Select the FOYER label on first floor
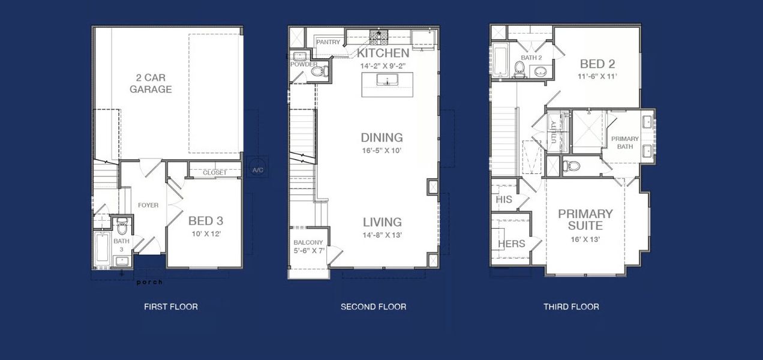pos(148,205)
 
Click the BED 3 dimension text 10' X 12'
pos(206,233)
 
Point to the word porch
pos(149,282)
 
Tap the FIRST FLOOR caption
pos(171,307)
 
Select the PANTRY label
pos(328,43)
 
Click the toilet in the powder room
pos(319,71)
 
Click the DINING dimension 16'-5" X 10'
pos(381,151)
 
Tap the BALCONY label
pos(308,242)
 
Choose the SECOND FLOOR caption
pos(373,307)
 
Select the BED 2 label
pos(597,64)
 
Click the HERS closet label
pos(512,244)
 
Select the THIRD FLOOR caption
pos(571,307)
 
